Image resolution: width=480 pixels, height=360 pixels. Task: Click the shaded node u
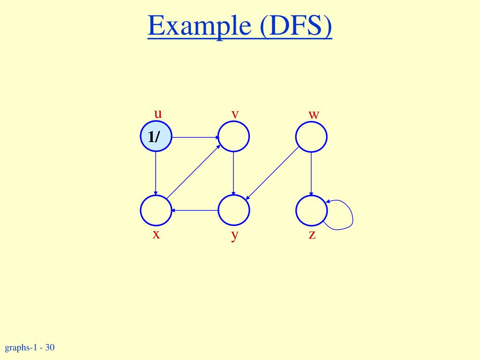click(156, 137)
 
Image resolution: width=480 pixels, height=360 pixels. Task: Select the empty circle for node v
click(233, 137)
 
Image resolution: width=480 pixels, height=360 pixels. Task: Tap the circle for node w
click(311, 137)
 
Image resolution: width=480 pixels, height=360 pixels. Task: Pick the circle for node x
click(156, 210)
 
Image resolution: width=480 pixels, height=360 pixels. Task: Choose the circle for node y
click(233, 210)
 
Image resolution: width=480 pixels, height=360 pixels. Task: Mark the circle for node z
click(311, 210)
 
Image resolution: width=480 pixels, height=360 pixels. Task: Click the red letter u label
click(158, 113)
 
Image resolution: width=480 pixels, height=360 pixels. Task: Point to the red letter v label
click(235, 114)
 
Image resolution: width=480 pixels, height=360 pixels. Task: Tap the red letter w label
click(314, 114)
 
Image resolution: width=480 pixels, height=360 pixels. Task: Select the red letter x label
click(156, 234)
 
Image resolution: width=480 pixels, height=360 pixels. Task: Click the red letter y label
click(234, 235)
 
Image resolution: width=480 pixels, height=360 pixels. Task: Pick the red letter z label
click(312, 234)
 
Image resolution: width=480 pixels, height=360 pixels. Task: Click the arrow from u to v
click(195, 137)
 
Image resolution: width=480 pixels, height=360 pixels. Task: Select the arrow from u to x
click(156, 173)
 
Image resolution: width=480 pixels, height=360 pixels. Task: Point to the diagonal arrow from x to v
click(194, 172)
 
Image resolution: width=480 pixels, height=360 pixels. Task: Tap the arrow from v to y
click(233, 173)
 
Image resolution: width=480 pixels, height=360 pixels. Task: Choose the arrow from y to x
click(195, 210)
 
